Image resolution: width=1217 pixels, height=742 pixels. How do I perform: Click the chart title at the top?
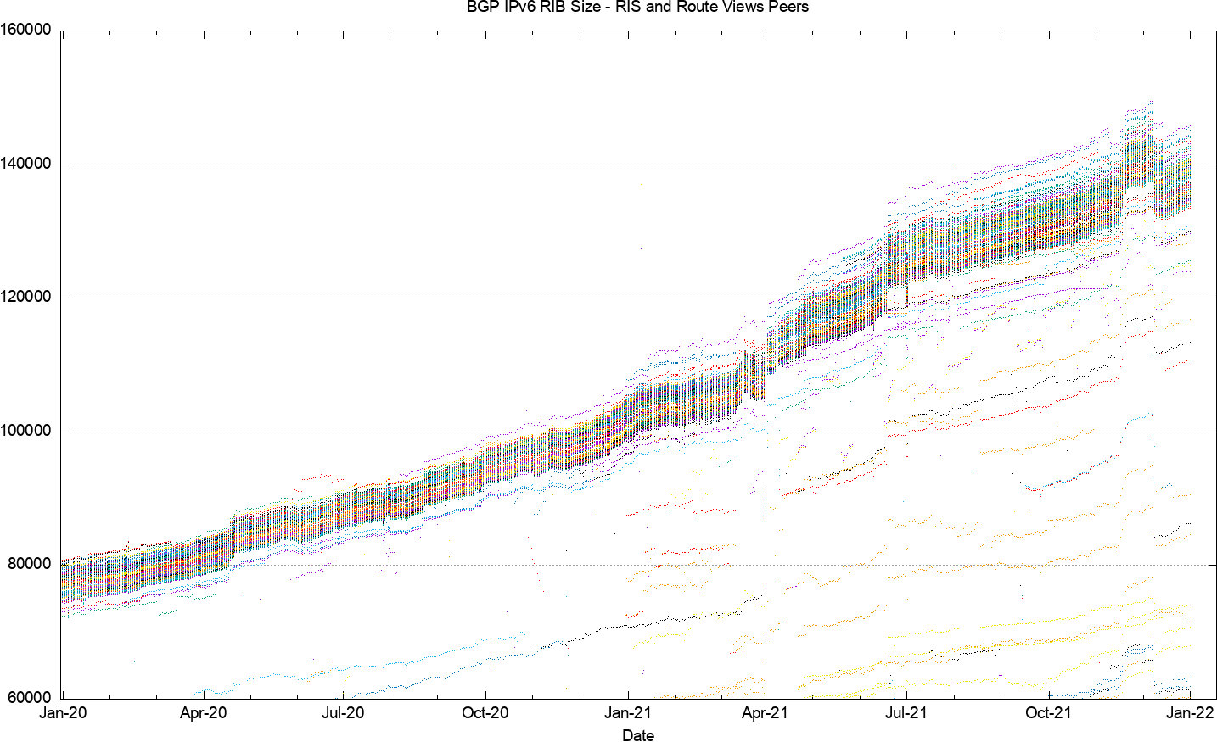(638, 7)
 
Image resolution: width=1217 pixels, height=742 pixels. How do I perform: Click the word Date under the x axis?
(638, 735)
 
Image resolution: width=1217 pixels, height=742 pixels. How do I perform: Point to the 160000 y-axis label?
(25, 30)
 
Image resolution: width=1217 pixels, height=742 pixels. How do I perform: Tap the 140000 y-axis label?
(25, 164)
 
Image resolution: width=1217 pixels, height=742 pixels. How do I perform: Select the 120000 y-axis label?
(25, 297)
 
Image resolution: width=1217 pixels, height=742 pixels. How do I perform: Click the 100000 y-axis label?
(25, 431)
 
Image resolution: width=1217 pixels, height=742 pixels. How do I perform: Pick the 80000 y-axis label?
(30, 564)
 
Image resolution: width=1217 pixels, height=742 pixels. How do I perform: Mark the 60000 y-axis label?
(30, 698)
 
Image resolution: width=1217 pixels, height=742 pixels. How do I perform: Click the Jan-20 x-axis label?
(63, 712)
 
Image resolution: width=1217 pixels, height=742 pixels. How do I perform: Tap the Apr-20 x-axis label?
(203, 712)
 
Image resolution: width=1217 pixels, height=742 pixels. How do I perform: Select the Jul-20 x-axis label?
(343, 712)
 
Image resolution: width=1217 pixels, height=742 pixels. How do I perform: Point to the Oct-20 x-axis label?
(485, 712)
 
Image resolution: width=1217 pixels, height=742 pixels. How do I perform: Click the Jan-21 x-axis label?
(628, 712)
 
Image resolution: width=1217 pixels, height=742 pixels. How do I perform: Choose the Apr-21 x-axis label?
(765, 712)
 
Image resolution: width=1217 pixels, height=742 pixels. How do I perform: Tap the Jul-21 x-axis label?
(906, 712)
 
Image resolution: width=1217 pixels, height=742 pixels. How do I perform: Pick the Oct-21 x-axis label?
(1049, 712)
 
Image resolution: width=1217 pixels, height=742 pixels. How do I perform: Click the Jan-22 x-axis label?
(1190, 712)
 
